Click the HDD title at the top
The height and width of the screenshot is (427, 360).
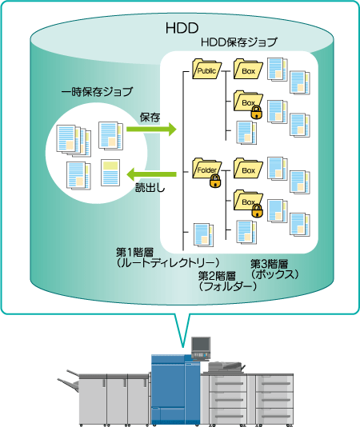click(x=182, y=28)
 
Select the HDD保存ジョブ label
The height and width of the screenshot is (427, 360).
click(x=238, y=42)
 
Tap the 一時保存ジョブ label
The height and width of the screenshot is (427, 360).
click(x=97, y=92)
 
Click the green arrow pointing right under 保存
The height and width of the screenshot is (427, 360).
click(x=151, y=129)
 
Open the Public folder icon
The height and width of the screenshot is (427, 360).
click(x=206, y=70)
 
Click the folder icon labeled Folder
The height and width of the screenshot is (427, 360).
click(x=206, y=169)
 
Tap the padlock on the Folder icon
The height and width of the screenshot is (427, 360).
click(x=215, y=181)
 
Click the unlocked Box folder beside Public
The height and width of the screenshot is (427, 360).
click(x=248, y=70)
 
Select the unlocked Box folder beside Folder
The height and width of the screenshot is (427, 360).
click(x=248, y=169)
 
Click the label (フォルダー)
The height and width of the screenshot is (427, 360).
click(x=227, y=286)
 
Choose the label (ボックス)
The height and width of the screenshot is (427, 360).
click(x=274, y=274)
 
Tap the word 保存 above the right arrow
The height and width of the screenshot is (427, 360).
click(x=150, y=117)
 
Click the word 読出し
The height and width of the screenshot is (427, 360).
click(x=150, y=188)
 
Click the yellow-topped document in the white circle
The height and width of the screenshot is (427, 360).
click(x=110, y=173)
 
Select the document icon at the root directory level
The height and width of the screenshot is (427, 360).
click(x=203, y=235)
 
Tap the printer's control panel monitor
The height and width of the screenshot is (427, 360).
click(x=201, y=345)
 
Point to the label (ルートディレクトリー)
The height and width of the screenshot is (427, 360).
click(x=168, y=262)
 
